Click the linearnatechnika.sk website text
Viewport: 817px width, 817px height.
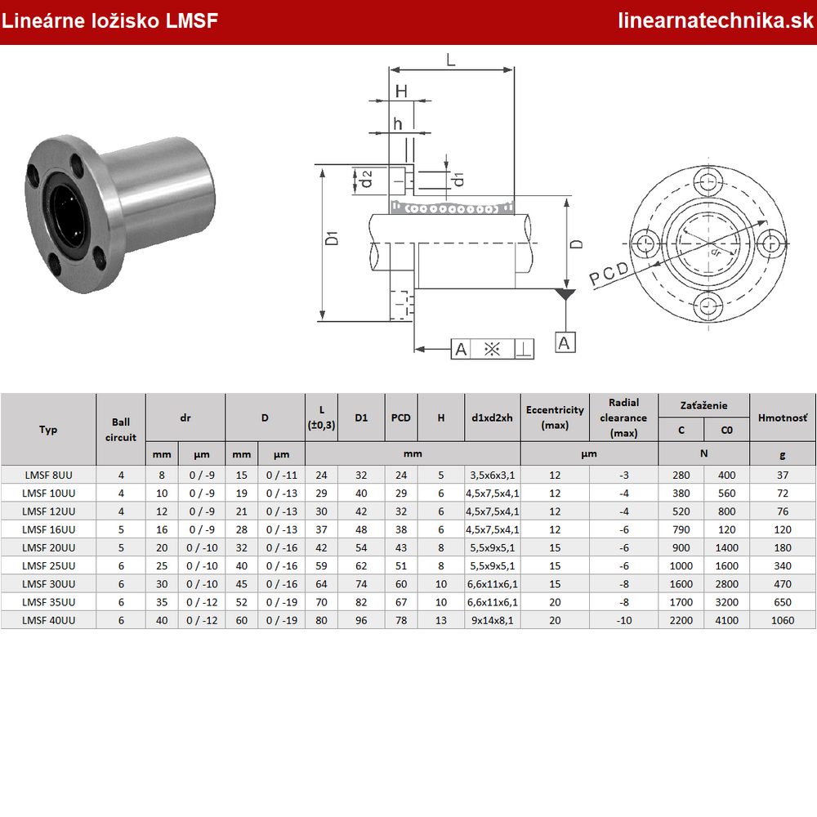click(x=715, y=21)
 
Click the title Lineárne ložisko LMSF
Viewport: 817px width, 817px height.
click(x=109, y=21)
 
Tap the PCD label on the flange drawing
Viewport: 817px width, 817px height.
click(x=609, y=273)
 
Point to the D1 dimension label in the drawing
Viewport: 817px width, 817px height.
click(x=332, y=238)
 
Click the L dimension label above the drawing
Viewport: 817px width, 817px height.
click(x=451, y=60)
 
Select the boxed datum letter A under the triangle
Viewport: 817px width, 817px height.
click(x=565, y=343)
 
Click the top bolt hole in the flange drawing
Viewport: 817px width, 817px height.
click(x=708, y=182)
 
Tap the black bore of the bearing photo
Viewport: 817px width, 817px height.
click(x=65, y=210)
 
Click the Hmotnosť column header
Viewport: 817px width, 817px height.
click(x=783, y=417)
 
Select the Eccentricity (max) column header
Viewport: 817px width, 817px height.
click(x=555, y=417)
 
